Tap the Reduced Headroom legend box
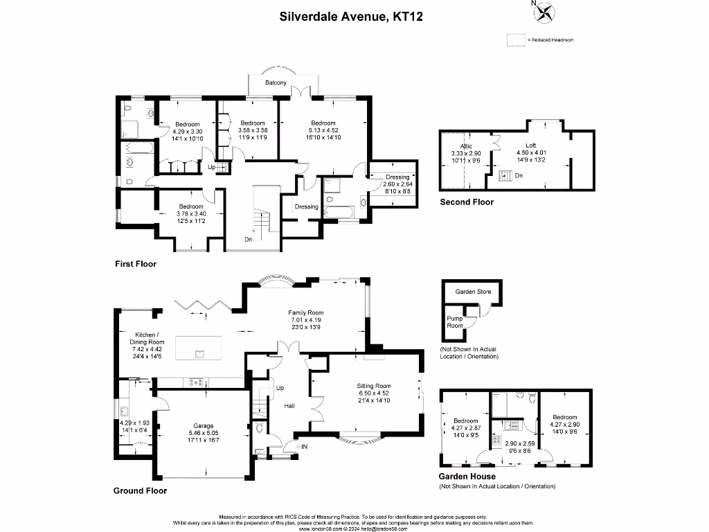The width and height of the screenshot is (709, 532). [515, 39]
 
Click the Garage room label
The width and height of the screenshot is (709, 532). [204, 426]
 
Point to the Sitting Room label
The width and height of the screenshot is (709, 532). [374, 386]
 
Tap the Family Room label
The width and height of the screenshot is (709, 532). [305, 313]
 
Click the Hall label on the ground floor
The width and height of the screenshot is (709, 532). [290, 405]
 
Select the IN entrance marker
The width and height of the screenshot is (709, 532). [304, 447]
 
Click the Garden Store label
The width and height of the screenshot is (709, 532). [473, 292]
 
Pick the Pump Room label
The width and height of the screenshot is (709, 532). [454, 321]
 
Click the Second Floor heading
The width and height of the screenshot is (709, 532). [467, 202]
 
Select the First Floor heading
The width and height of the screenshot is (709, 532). [136, 264]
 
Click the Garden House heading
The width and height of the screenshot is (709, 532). [467, 477]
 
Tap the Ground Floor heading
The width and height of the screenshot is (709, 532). [140, 490]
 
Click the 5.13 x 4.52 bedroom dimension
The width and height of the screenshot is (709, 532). [323, 130]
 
